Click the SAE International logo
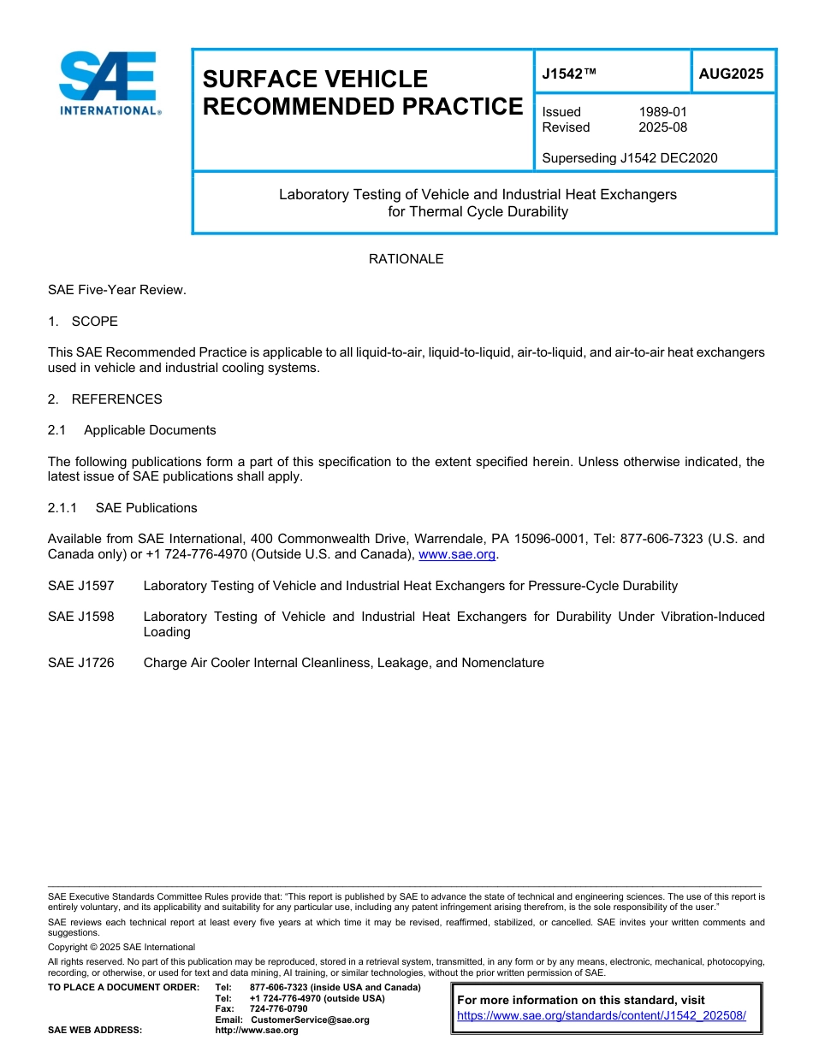tap(108, 83)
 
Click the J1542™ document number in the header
tap(569, 74)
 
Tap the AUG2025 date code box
tap(731, 74)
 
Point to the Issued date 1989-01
tap(662, 112)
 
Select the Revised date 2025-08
tap(662, 127)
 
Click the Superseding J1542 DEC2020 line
tap(630, 157)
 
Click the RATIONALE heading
tap(406, 259)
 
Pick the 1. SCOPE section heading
tap(83, 322)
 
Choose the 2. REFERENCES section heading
tap(105, 399)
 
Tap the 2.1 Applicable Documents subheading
tap(133, 430)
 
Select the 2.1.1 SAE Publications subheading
tap(122, 508)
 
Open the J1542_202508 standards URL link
tap(602, 1016)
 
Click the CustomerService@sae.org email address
tap(310, 1019)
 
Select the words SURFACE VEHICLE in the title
tap(315, 80)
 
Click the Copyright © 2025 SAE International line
tap(122, 947)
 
